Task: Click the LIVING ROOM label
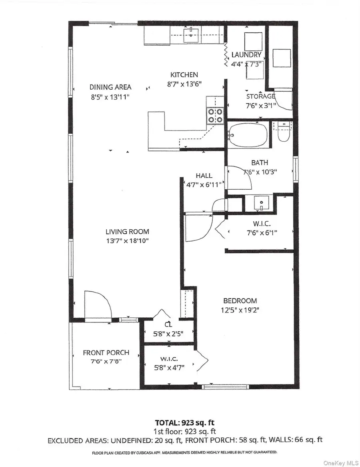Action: click(127, 231)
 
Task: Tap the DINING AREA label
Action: click(110, 87)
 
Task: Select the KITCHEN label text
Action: click(184, 74)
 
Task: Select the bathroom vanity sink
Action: click(261, 203)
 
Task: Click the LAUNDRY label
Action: click(246, 54)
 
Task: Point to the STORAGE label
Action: click(260, 96)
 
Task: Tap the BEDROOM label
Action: click(240, 301)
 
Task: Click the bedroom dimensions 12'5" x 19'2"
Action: click(240, 310)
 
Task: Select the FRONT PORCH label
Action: click(106, 353)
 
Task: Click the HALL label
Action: click(204, 176)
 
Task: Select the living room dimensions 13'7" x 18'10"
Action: click(127, 241)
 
